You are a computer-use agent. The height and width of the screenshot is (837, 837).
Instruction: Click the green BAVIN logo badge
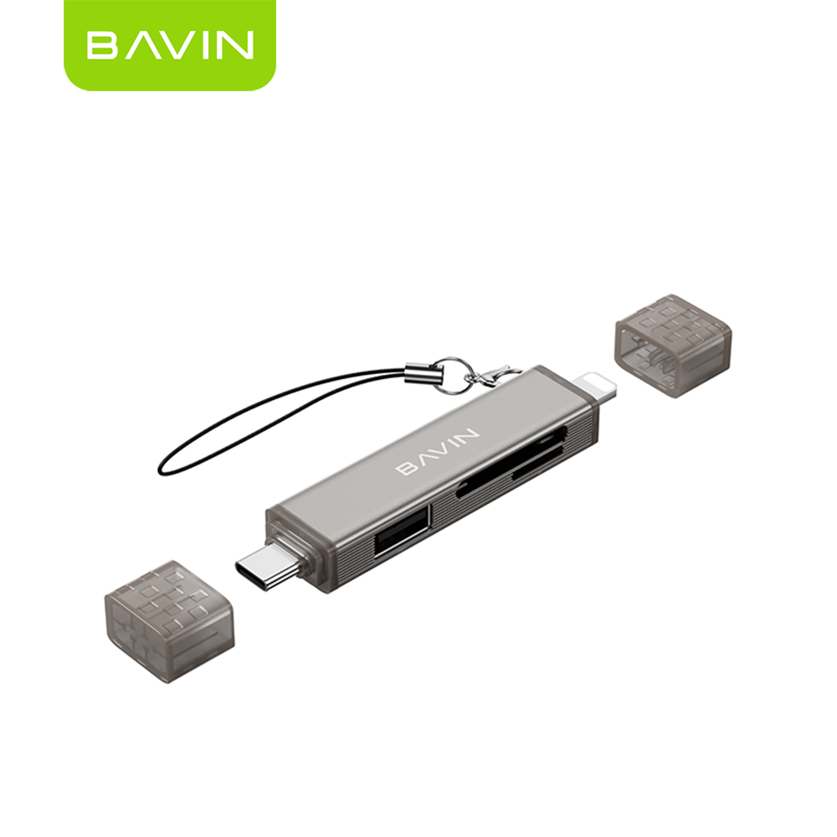click(x=170, y=45)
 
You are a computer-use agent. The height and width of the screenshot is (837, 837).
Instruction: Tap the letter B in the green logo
click(x=102, y=45)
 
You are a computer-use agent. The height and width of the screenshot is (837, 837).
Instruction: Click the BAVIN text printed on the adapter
click(x=438, y=451)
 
